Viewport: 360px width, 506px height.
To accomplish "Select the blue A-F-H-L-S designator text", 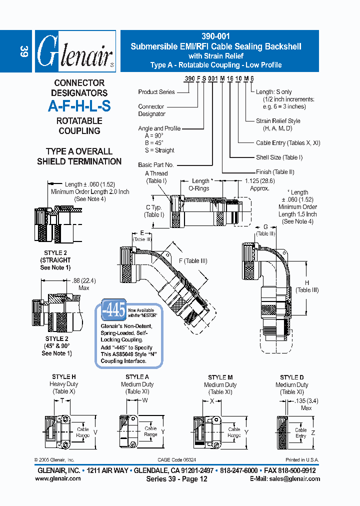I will [x=79, y=106].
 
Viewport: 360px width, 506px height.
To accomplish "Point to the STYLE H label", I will [x=64, y=376].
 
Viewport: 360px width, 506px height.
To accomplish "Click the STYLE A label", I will [x=137, y=377].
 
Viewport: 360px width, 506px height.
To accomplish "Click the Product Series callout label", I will [x=156, y=92].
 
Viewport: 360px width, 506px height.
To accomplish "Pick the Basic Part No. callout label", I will [x=156, y=164].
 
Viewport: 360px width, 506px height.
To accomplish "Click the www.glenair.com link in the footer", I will [x=58, y=478].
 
